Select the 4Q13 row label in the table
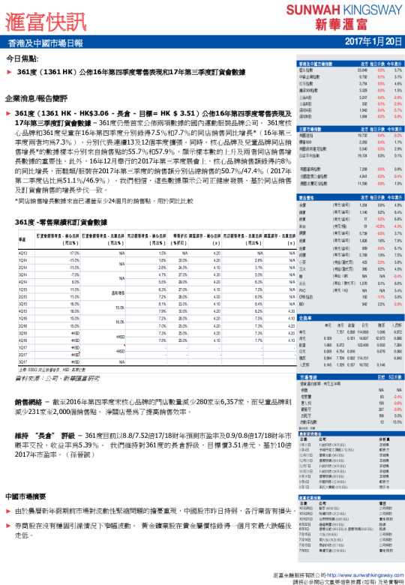pyautogui.click(x=22, y=254)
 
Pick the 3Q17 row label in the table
pyautogui.click(x=22, y=361)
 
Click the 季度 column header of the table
pyautogui.click(x=22, y=238)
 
